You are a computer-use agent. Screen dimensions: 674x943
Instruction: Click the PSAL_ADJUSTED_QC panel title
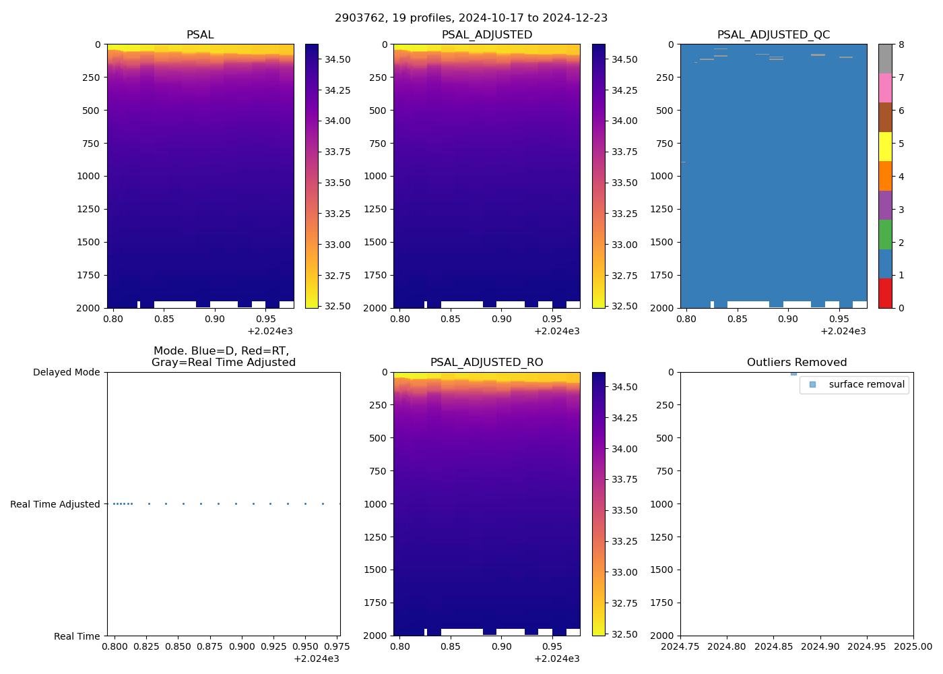(x=773, y=35)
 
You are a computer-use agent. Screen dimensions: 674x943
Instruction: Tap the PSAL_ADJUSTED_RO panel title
(x=486, y=363)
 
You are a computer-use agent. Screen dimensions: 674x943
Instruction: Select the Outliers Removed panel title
(x=797, y=363)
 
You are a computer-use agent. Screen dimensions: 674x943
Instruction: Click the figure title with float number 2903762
(x=471, y=18)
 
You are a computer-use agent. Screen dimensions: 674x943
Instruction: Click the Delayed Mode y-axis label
(x=66, y=372)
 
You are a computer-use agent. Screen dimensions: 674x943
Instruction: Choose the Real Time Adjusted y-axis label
(x=55, y=504)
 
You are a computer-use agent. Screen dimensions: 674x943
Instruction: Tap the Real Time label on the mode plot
(x=77, y=636)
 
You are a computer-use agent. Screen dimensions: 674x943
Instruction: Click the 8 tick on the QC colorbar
(x=901, y=45)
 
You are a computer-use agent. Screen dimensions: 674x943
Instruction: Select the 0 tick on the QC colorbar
(x=901, y=308)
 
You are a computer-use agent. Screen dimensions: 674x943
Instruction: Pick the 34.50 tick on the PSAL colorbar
(x=337, y=59)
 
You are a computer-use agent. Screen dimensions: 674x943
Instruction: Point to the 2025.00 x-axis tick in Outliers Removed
(x=913, y=647)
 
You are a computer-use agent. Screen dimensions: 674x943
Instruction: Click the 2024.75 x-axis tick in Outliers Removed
(x=680, y=647)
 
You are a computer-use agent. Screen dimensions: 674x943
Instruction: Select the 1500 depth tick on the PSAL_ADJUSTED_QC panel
(x=663, y=242)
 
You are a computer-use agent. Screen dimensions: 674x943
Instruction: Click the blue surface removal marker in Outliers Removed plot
(x=793, y=373)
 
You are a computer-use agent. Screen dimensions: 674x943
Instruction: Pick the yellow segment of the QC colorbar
(x=885, y=146)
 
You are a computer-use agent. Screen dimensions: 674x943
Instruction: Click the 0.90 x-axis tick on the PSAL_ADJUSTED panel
(x=502, y=319)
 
